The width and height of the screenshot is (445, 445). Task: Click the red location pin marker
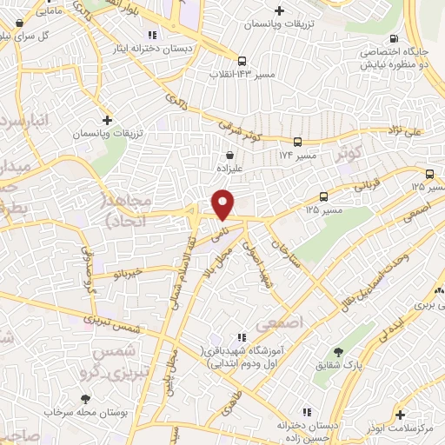(222, 203)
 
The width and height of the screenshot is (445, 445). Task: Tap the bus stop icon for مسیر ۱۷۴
(298, 142)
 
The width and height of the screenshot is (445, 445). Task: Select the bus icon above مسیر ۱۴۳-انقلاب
(242, 61)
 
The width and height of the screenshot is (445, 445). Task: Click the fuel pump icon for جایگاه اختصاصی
(395, 38)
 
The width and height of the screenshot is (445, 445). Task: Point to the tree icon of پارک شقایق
(338, 352)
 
